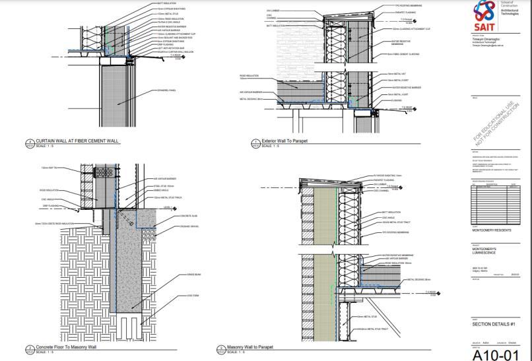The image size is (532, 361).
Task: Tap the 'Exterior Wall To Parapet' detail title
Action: pyautogui.click(x=284, y=141)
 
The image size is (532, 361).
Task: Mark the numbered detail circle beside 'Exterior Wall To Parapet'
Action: pyautogui.click(x=255, y=142)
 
